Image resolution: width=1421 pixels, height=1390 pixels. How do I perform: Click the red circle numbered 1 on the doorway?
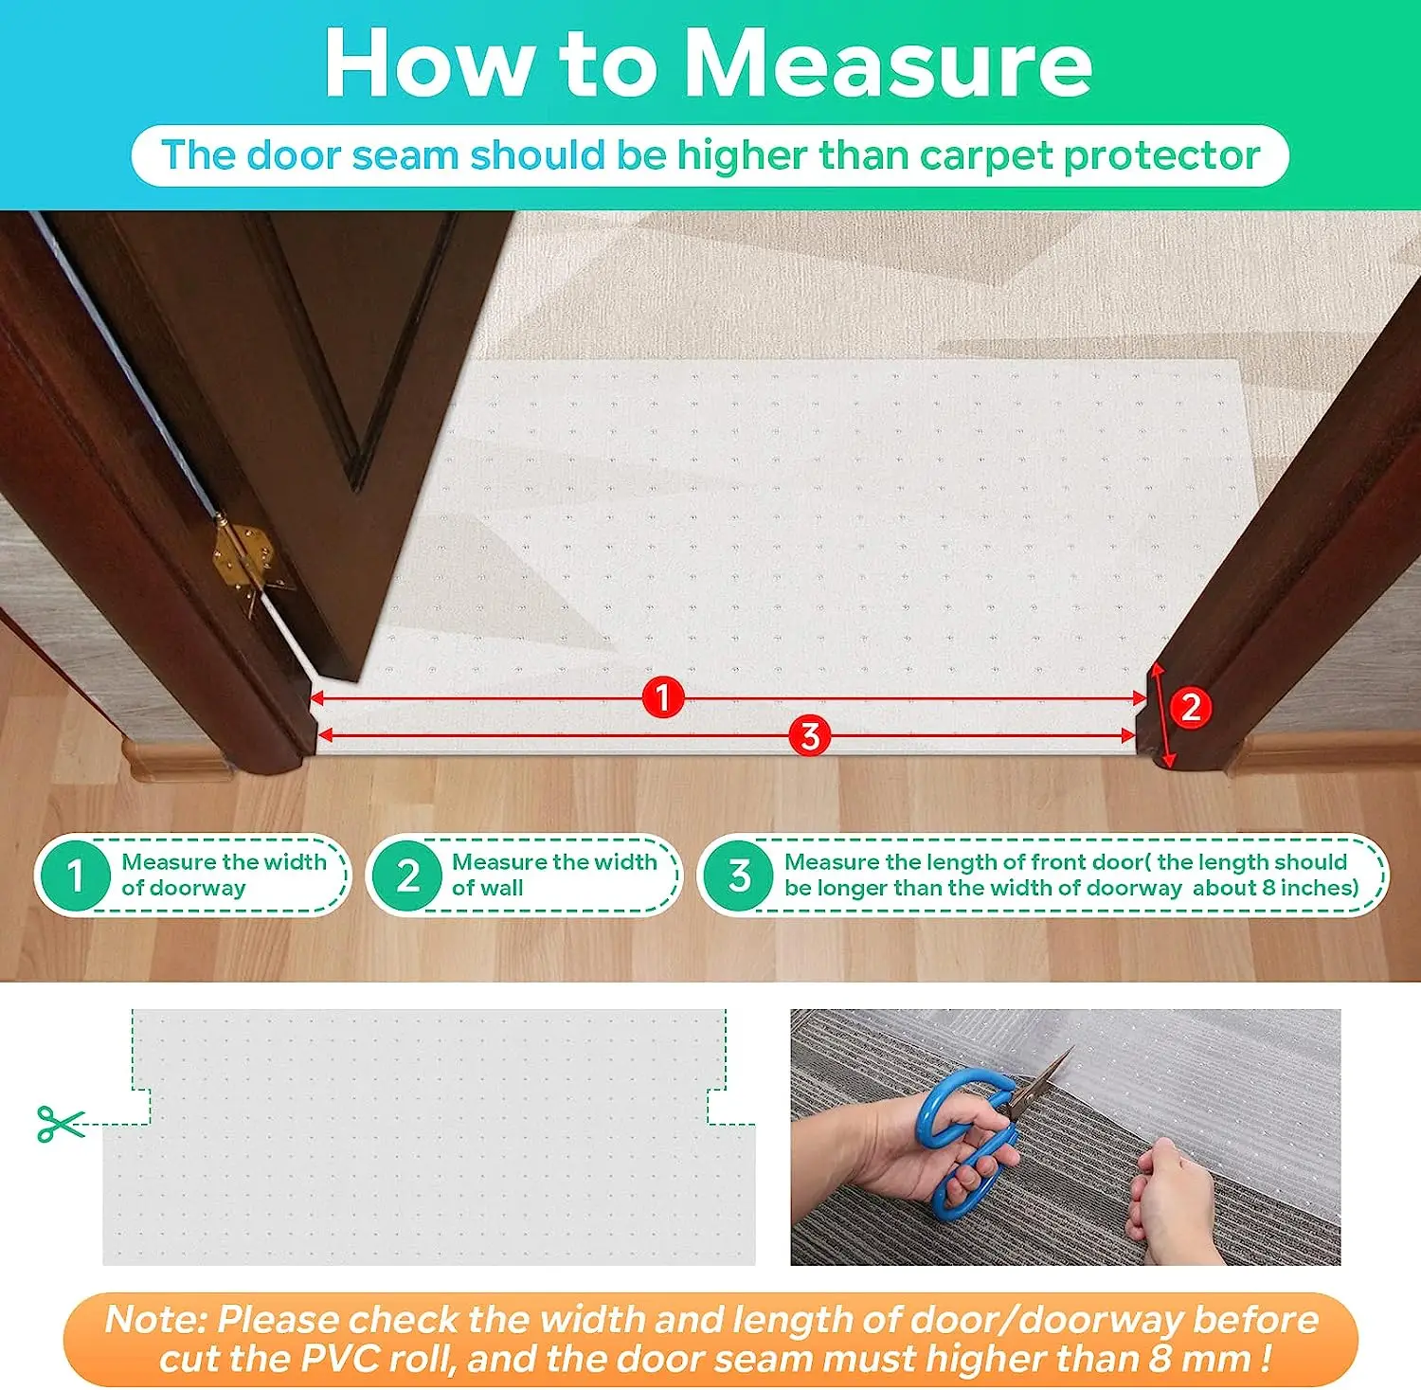pyautogui.click(x=663, y=697)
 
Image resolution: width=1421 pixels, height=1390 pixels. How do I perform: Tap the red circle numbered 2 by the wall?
pyautogui.click(x=1190, y=708)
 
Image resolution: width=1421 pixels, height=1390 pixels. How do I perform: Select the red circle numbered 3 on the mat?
pyautogui.click(x=809, y=736)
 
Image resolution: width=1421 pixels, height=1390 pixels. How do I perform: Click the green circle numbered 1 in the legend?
pyautogui.click(x=75, y=875)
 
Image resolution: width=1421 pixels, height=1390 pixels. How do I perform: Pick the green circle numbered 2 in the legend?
pyautogui.click(x=407, y=875)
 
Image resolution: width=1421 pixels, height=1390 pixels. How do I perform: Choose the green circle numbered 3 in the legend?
pyautogui.click(x=739, y=875)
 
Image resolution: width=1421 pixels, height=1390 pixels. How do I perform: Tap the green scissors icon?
pyautogui.click(x=60, y=1124)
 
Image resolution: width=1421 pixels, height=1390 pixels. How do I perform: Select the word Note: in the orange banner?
pyautogui.click(x=155, y=1319)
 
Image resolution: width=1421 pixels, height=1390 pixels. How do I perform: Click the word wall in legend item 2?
pyautogui.click(x=501, y=889)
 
